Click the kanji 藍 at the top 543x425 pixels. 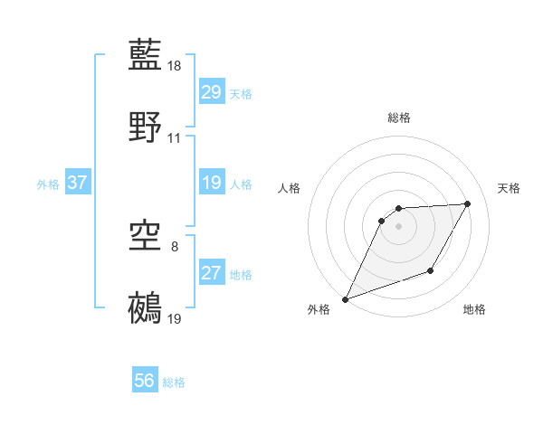tap(146, 54)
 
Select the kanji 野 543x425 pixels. tap(146, 127)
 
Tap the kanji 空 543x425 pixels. tap(146, 237)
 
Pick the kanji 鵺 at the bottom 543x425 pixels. tap(146, 308)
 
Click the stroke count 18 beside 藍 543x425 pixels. tap(176, 66)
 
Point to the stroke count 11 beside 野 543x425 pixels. tap(175, 138)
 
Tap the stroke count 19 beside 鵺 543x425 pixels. tap(176, 319)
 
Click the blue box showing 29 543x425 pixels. tap(212, 92)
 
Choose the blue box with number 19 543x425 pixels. tap(212, 184)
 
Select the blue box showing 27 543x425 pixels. tap(212, 273)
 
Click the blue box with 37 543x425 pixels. tap(78, 184)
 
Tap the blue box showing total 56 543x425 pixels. tap(145, 382)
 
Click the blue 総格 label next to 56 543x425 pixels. tap(174, 383)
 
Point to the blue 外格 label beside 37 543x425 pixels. tap(48, 184)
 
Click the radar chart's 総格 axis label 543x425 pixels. tap(399, 118)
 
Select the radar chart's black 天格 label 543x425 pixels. tap(509, 188)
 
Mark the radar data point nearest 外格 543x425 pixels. tap(345, 299)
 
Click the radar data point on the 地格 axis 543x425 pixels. tap(432, 270)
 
